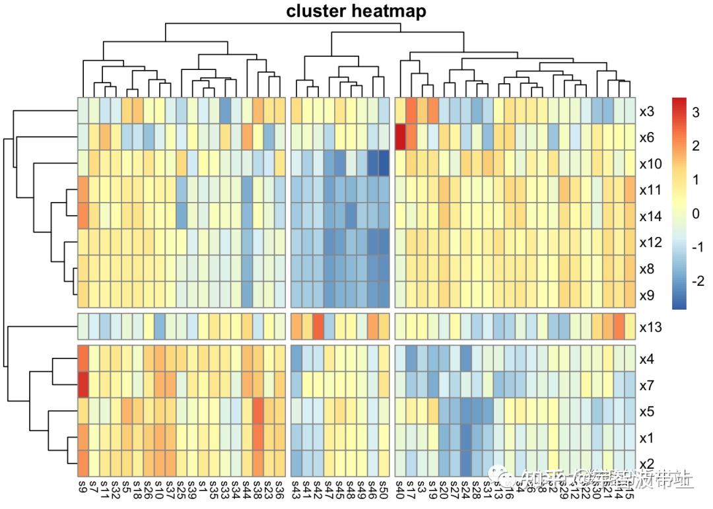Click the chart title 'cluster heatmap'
coord(356,11)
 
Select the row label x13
coord(652,327)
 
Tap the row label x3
coord(646,112)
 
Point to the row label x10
coord(650,164)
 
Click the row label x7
coord(647,385)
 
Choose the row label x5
coord(647,411)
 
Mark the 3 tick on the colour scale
coord(696,113)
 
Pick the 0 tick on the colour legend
coord(696,214)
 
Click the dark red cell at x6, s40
coord(400,137)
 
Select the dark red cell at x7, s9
coord(83,384)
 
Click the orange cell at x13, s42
coord(318,326)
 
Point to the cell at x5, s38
coord(257,411)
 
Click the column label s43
coord(296,489)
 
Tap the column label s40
coord(400,489)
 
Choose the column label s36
coord(280,489)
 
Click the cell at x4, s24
coord(466,358)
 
